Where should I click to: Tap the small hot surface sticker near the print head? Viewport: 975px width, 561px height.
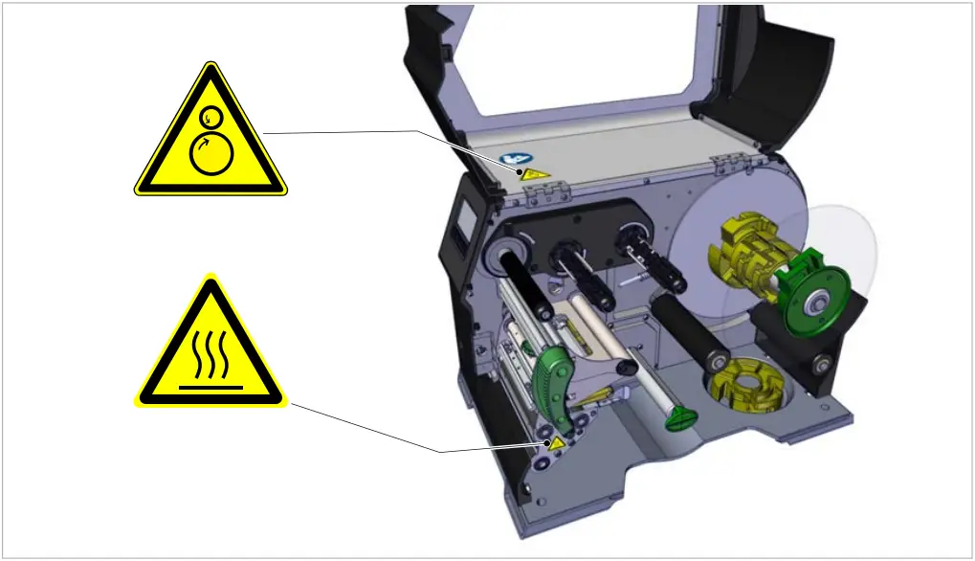coord(553,444)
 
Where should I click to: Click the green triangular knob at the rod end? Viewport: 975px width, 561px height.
coord(680,418)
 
